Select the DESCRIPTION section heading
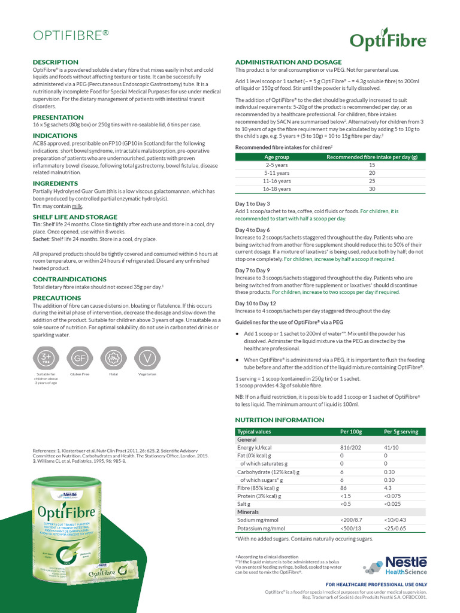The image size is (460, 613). (x=55, y=62)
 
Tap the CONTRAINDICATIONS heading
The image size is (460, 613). (x=69, y=279)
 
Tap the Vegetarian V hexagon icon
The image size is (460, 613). (x=147, y=358)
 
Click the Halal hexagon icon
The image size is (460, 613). (x=113, y=358)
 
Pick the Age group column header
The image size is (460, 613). (x=277, y=157)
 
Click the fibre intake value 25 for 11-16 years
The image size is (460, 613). (x=371, y=181)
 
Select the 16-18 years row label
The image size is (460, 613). (x=277, y=189)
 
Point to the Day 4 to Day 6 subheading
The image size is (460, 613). (x=252, y=230)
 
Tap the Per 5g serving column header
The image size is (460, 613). (x=401, y=432)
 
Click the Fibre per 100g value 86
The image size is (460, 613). (x=344, y=488)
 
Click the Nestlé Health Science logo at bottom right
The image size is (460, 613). (x=395, y=565)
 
